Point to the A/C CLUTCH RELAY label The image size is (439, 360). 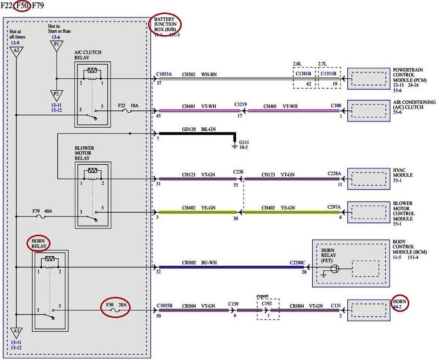pyautogui.click(x=88, y=55)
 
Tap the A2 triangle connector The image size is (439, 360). pyautogui.click(x=16, y=51)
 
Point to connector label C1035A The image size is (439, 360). pyautogui.click(x=164, y=75)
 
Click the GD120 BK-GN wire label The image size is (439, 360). pyautogui.click(x=200, y=129)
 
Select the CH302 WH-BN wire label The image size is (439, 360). pyautogui.click(x=198, y=75)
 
